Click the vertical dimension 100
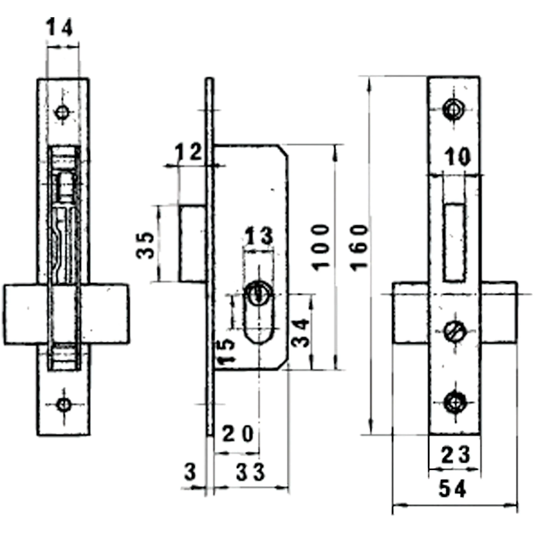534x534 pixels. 321,247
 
